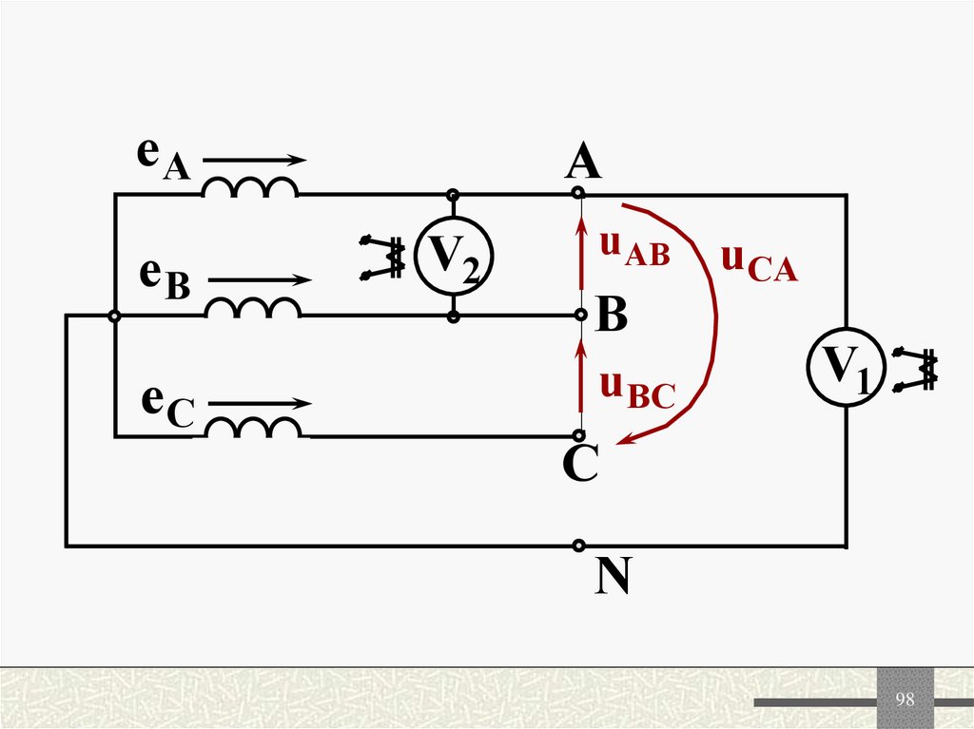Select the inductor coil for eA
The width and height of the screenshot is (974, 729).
pos(249,188)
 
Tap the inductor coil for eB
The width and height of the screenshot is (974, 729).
pos(253,308)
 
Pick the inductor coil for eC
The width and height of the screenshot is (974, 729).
pos(253,429)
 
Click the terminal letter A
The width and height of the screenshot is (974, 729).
pos(582,163)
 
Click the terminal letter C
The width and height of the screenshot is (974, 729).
pos(579,465)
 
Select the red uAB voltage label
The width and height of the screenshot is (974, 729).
pos(634,249)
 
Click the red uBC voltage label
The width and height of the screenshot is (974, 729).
pos(636,390)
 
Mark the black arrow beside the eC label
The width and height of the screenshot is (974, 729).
pos(259,403)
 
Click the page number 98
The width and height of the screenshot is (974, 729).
pos(905,700)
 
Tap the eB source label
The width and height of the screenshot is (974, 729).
pos(165,278)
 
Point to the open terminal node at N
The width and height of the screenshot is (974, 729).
pos(578,546)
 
